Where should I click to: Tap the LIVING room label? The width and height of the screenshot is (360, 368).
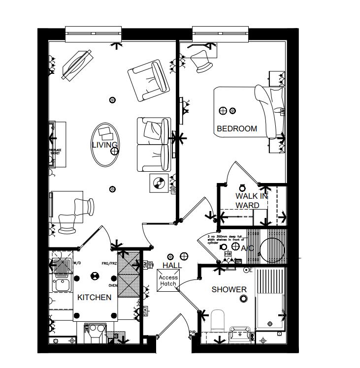pyautogui.click(x=104, y=145)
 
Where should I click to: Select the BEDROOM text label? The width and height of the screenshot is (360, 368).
pyautogui.click(x=237, y=129)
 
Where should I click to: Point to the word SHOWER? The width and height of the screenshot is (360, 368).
pyautogui.click(x=229, y=289)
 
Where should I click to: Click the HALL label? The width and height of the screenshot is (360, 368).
pyautogui.click(x=172, y=265)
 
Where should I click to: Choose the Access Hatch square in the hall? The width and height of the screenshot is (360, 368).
pyautogui.click(x=167, y=280)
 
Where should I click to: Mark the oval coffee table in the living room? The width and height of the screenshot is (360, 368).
pyautogui.click(x=104, y=144)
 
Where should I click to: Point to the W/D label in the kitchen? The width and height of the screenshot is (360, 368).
pyautogui.click(x=77, y=263)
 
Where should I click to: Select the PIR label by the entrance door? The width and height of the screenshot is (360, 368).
pyautogui.click(x=192, y=334)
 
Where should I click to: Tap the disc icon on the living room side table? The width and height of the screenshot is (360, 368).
pyautogui.click(x=158, y=184)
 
